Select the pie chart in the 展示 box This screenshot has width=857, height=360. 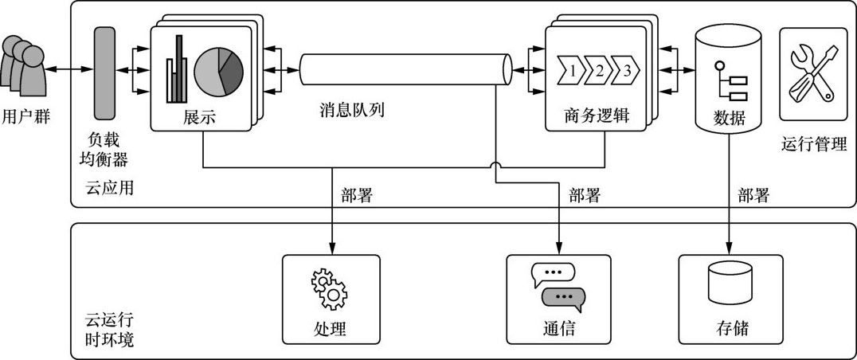(218, 71)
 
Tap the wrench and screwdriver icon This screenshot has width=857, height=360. (811, 72)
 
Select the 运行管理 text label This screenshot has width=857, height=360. (814, 144)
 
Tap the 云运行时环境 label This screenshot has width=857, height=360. (109, 331)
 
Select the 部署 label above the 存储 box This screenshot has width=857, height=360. (753, 195)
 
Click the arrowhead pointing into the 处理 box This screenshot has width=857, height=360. (331, 247)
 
